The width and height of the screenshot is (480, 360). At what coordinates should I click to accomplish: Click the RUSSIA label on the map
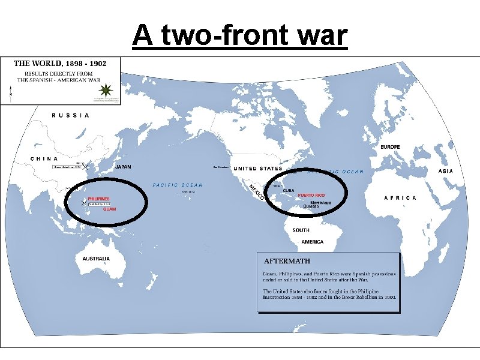pyautogui.click(x=71, y=115)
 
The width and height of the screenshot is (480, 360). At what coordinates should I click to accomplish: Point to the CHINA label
pyautogui.click(x=44, y=158)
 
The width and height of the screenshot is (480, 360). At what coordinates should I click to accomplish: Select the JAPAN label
pyautogui.click(x=124, y=167)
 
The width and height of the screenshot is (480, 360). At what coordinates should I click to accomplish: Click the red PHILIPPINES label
pyautogui.click(x=99, y=198)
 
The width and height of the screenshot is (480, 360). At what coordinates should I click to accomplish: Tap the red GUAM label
pyautogui.click(x=109, y=209)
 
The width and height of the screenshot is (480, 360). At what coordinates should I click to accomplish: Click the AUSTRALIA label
pyautogui.click(x=96, y=259)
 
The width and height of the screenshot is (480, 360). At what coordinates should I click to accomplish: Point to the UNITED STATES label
pyautogui.click(x=257, y=169)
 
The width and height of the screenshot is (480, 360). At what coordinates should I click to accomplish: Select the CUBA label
pyautogui.click(x=289, y=190)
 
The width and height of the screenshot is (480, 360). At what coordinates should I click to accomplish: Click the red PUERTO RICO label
pyautogui.click(x=311, y=196)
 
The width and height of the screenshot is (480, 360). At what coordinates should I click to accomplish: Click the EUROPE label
pyautogui.click(x=391, y=147)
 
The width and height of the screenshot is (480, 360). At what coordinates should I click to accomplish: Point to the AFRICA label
pyautogui.click(x=400, y=198)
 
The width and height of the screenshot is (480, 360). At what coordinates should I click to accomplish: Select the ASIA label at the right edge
pyautogui.click(x=446, y=171)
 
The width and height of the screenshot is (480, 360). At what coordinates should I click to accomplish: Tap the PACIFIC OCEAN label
pyautogui.click(x=178, y=185)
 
